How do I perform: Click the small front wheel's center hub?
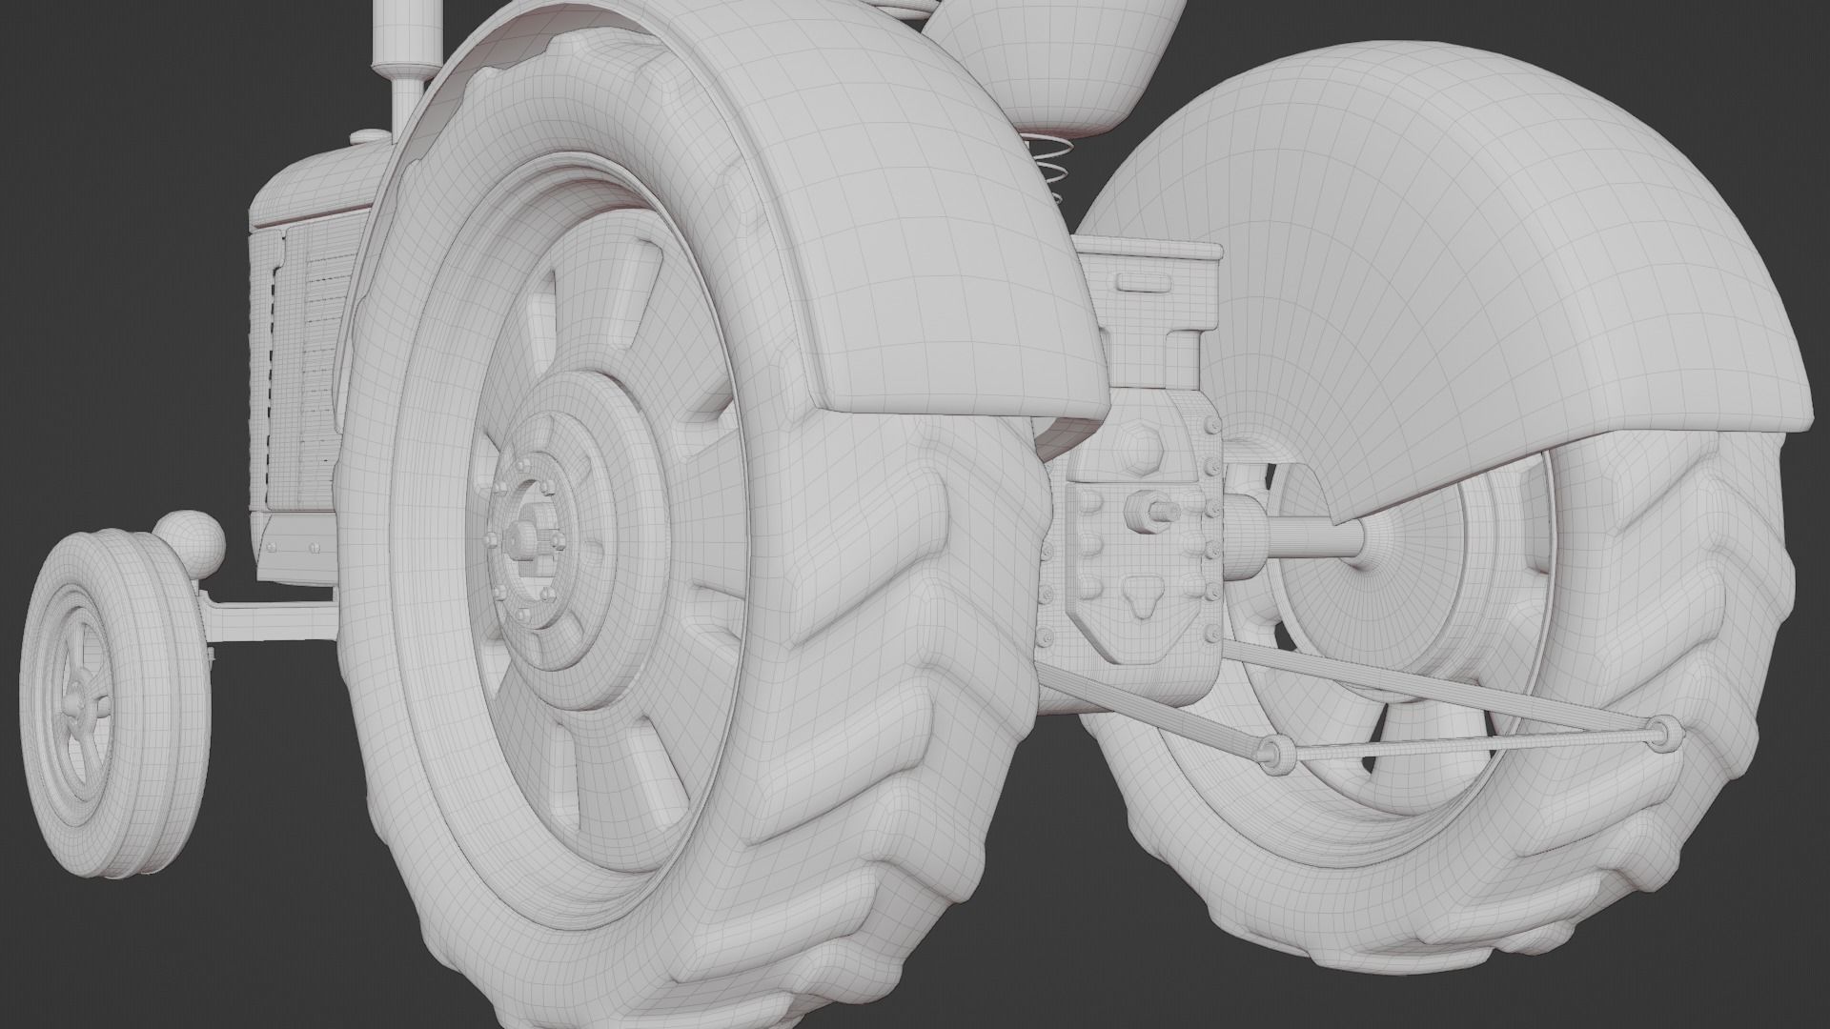pyautogui.click(x=78, y=683)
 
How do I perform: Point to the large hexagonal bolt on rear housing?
pyautogui.click(x=1140, y=444)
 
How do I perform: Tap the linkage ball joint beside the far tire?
pyautogui.click(x=1665, y=732)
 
